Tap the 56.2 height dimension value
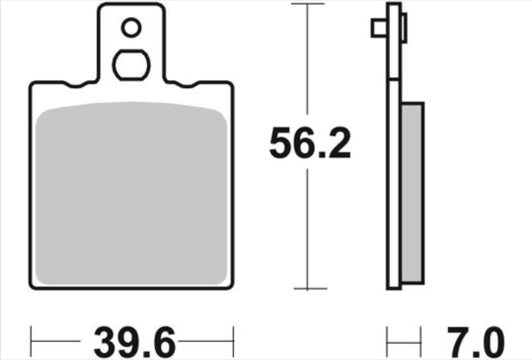pyautogui.click(x=310, y=143)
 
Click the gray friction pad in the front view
pyautogui.click(x=131, y=193)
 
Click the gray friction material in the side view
pyautogui.click(x=412, y=193)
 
